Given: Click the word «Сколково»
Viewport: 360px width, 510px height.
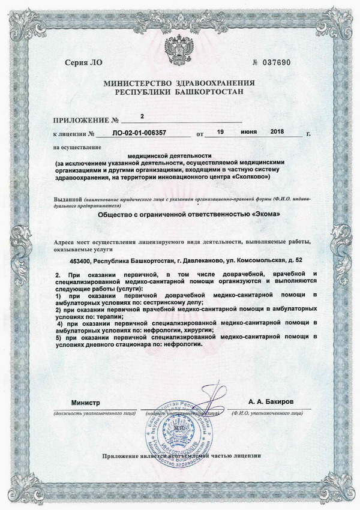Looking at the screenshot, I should tap(251, 178).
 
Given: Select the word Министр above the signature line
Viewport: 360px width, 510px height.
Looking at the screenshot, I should tap(85, 401).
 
